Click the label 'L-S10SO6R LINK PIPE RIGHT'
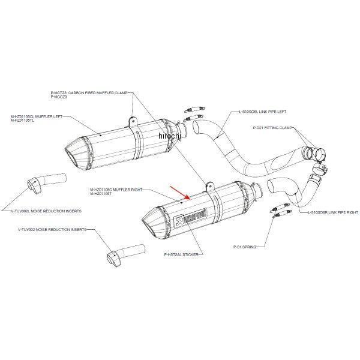(x=332, y=212)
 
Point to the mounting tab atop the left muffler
(x=131, y=121)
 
